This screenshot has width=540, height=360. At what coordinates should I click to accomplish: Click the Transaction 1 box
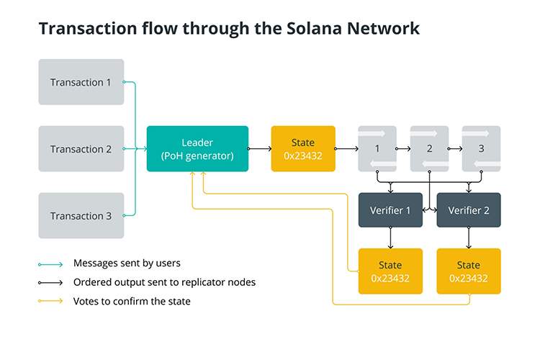click(x=81, y=82)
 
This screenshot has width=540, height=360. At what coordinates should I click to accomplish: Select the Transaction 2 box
click(x=81, y=149)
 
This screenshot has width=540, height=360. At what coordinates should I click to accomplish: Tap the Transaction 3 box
click(x=81, y=216)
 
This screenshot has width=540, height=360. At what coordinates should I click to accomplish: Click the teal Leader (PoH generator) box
click(x=197, y=149)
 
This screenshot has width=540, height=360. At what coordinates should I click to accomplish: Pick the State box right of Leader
click(x=303, y=149)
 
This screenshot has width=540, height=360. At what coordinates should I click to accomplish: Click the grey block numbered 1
click(x=377, y=149)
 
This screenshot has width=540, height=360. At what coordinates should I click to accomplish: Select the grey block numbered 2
click(x=429, y=149)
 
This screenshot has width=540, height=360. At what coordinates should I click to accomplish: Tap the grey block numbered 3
click(x=481, y=149)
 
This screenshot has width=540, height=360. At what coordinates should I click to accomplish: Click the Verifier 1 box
click(x=390, y=210)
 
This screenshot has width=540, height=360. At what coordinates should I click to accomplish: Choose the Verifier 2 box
click(x=468, y=210)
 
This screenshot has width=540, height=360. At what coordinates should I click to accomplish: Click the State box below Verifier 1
click(x=390, y=271)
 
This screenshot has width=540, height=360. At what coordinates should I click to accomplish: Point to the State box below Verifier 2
click(x=468, y=271)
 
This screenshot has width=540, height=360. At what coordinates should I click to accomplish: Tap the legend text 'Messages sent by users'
click(x=127, y=263)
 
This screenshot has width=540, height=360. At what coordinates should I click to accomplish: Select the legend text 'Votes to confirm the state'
click(x=132, y=301)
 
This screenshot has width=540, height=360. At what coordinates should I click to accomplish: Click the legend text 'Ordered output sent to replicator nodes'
click(x=164, y=282)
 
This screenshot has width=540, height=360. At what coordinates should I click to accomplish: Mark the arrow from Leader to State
click(x=260, y=149)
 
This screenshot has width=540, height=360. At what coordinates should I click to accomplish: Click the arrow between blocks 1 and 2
click(x=403, y=149)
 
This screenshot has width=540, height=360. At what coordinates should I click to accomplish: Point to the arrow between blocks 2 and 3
click(x=455, y=149)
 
